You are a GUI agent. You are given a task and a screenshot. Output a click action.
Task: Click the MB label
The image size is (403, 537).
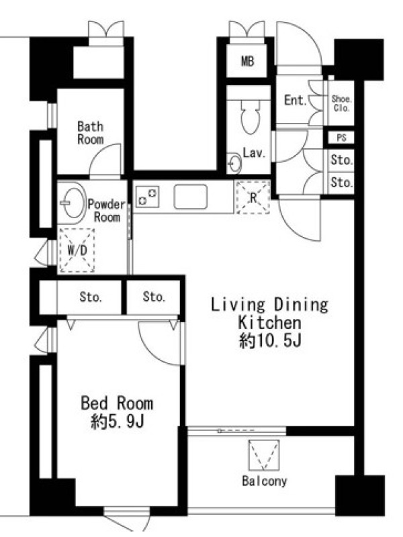(x=247, y=62)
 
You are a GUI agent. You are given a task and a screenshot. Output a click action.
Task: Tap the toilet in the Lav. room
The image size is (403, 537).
(x=250, y=115)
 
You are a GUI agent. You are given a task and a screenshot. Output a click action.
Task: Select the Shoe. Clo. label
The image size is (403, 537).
(x=341, y=103)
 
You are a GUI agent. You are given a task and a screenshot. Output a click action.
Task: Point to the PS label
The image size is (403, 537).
(x=341, y=138)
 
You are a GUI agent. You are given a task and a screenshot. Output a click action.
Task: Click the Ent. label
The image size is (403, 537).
(x=296, y=100)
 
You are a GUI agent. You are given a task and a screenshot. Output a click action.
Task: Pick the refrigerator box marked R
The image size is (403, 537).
(x=253, y=197)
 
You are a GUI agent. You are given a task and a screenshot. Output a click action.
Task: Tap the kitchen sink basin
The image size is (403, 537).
(x=191, y=197)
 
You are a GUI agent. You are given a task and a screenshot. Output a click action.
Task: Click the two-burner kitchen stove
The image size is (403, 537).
(x=147, y=197)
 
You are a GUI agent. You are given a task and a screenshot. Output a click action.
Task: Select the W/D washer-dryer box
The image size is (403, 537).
(x=77, y=250)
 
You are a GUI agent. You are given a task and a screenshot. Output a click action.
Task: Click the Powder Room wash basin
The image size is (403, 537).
(x=73, y=203)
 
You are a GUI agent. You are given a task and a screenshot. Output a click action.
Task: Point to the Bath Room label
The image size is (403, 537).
(x=91, y=133)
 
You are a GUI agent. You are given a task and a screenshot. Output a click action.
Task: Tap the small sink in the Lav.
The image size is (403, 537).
(x=234, y=163)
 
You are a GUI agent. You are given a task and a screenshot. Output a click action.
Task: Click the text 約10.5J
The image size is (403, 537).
(x=270, y=341)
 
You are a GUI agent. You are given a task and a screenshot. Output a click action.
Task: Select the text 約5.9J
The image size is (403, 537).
(x=117, y=422)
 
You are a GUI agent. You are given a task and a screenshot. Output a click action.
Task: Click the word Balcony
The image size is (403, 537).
(x=265, y=481)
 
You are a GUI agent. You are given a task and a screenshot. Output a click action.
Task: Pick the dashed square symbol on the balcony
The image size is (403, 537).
(x=264, y=455)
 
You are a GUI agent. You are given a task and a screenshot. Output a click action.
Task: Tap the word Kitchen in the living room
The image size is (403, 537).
(x=270, y=323)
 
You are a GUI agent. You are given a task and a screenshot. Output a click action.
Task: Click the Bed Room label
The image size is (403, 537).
(x=117, y=403)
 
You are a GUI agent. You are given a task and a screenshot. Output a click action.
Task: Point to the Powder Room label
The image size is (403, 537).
(x=107, y=211)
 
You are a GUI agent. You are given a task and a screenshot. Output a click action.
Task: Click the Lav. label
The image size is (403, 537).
(x=255, y=153)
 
